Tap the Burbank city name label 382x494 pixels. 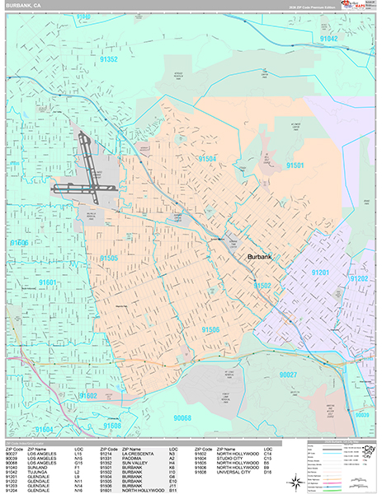[x=264, y=258]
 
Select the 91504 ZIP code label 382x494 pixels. [x=207, y=158]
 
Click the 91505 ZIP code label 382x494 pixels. [x=110, y=258]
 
